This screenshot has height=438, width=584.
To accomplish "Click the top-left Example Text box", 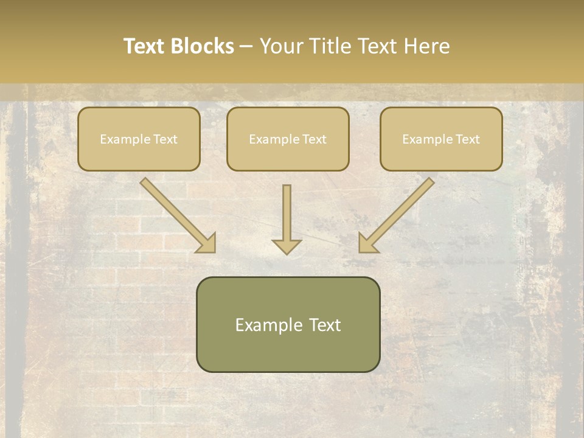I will pos(139,139).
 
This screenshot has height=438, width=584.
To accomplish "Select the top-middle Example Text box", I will pos(288,139).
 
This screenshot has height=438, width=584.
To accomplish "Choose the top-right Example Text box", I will pos(441,139).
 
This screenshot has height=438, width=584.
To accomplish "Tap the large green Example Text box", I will pos(288,324).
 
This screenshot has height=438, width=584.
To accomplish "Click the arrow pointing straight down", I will pos(287,216).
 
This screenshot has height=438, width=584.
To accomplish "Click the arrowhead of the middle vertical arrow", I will pos(287,245).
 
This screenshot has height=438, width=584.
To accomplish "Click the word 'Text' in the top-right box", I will pos(467,139).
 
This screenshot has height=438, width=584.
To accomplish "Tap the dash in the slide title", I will pos(246,47).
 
